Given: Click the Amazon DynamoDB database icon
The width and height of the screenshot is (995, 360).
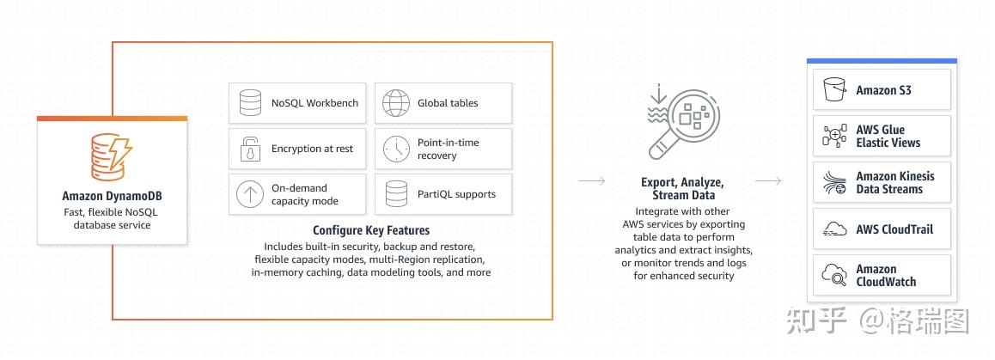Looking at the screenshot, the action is point(112,156).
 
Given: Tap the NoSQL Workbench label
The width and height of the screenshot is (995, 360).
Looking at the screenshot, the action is point(314,103).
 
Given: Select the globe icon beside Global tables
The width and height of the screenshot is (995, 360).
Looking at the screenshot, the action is point(396,103).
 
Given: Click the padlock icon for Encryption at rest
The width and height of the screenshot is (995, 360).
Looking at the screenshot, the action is point(250,149).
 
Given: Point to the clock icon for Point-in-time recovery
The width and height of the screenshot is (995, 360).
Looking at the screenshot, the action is point(396,149).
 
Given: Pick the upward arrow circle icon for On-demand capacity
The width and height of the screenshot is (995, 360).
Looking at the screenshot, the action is point(250,194).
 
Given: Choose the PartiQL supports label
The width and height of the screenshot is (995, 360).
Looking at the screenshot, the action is point(456,194).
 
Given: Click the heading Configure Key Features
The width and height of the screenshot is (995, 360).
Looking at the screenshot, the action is point(371,230).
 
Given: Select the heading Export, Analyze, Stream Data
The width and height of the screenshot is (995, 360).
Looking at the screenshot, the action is point(683,188).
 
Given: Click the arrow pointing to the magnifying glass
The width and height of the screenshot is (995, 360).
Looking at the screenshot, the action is point(592,181).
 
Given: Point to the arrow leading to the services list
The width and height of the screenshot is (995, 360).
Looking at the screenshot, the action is point(768,181).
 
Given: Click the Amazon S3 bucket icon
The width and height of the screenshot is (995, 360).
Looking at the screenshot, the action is point(834,89).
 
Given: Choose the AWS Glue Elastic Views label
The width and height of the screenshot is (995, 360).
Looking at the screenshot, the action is point(888,137).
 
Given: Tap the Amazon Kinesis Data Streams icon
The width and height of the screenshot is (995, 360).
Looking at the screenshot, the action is point(834,182).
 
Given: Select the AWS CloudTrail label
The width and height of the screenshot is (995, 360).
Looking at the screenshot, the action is point(894,229).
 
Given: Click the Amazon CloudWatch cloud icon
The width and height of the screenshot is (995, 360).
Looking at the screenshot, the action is point(834,274).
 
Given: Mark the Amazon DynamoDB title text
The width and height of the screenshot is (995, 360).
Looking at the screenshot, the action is point(113,196).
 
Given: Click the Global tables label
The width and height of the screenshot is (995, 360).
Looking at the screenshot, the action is point(448,103).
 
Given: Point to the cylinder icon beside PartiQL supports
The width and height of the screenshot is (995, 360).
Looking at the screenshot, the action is point(396,194).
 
